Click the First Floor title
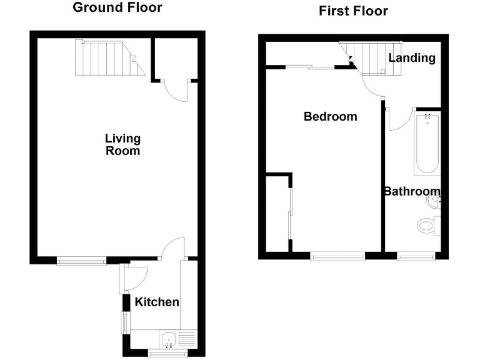(x=353, y=11)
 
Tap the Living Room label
(x=122, y=144)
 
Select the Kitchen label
(x=157, y=302)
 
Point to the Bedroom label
(x=330, y=116)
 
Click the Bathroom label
(x=412, y=191)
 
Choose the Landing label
(x=412, y=57)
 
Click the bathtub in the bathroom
(x=427, y=144)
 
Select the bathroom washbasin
(x=434, y=201)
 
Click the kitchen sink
(x=169, y=340)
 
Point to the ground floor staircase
(x=106, y=57)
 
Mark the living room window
(x=81, y=261)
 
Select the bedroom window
(x=337, y=255)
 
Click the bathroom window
(x=416, y=255)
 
